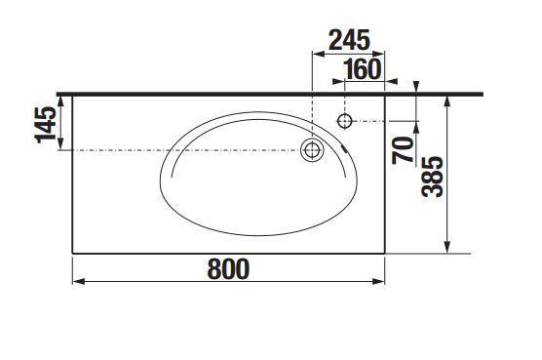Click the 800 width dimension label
tap(227, 267)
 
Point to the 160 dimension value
tap(363, 68)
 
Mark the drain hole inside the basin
tap(312, 149)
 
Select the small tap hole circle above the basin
tap(344, 120)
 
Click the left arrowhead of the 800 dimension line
tap(77, 282)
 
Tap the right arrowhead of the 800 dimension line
tap(380, 282)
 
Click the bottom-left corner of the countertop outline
tap(73, 253)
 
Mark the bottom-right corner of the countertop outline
tap(385, 253)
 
